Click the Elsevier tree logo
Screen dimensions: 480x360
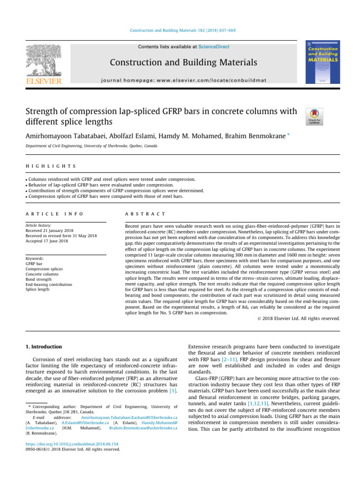pyautogui.click(x=43, y=61)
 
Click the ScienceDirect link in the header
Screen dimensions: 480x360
pyautogui.click(x=214, y=47)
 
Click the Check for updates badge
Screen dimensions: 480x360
pyautogui.click(x=314, y=116)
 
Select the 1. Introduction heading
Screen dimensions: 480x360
pyautogui.click(x=43, y=346)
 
